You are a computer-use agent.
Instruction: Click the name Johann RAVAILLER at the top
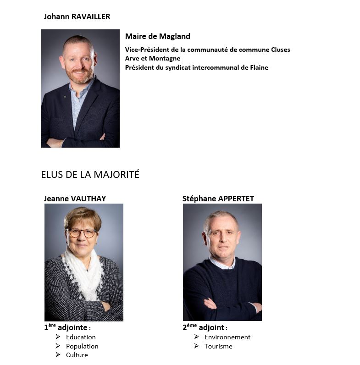(77, 17)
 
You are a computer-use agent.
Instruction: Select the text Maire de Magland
(157, 37)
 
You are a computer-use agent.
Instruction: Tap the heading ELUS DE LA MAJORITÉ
(90, 175)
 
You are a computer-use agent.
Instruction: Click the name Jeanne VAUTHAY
(75, 199)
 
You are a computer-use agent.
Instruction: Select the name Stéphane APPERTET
(218, 199)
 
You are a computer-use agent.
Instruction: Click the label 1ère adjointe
(67, 328)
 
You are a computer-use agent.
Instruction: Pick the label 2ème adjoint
(205, 328)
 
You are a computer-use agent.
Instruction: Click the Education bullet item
(81, 337)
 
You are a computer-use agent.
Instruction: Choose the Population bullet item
(82, 346)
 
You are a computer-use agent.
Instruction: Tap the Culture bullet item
(77, 355)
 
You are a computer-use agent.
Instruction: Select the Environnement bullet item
(227, 337)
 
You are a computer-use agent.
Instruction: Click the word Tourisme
(218, 346)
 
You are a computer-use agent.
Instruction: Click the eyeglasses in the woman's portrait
(82, 233)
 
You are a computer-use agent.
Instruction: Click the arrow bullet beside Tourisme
(196, 346)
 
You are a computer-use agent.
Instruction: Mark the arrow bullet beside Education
(58, 337)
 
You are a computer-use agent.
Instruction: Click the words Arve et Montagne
(152, 58)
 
